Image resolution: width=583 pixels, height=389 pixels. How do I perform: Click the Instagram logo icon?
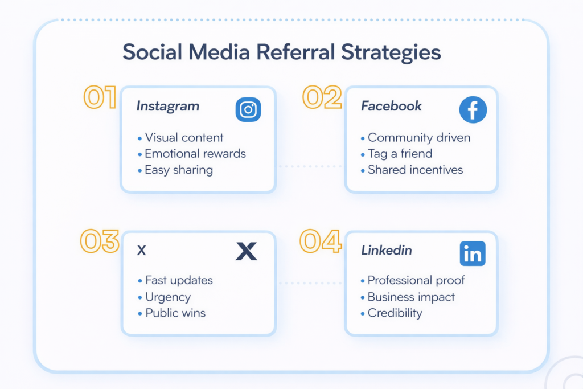tap(248, 109)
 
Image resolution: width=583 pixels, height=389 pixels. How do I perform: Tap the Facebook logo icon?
tap(473, 109)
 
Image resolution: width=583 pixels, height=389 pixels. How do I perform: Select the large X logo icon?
tap(246, 251)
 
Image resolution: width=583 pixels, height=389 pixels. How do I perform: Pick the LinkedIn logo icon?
tap(473, 253)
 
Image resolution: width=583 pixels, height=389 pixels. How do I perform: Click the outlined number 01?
tap(100, 98)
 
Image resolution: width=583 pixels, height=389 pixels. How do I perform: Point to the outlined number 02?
tap(322, 97)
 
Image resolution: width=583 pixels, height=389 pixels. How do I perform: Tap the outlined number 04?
tap(321, 241)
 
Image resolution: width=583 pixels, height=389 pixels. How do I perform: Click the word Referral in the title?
tap(295, 52)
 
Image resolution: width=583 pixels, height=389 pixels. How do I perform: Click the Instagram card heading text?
tap(167, 106)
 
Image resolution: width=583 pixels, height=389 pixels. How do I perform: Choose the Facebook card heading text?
tap(391, 106)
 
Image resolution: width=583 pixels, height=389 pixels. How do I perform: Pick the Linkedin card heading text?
tap(387, 251)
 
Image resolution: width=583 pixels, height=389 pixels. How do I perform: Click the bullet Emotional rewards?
tap(195, 154)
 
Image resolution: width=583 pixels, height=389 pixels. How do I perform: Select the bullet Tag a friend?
tap(400, 154)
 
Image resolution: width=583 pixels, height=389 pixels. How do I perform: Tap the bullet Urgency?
tap(167, 297)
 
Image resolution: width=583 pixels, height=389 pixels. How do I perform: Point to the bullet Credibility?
tap(395, 313)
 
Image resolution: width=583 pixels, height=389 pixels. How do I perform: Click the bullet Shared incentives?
tap(415, 170)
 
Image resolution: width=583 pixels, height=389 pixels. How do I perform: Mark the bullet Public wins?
tap(175, 313)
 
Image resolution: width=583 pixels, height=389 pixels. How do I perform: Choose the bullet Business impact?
tap(411, 297)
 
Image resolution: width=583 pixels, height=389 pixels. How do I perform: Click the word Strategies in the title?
tap(391, 52)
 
